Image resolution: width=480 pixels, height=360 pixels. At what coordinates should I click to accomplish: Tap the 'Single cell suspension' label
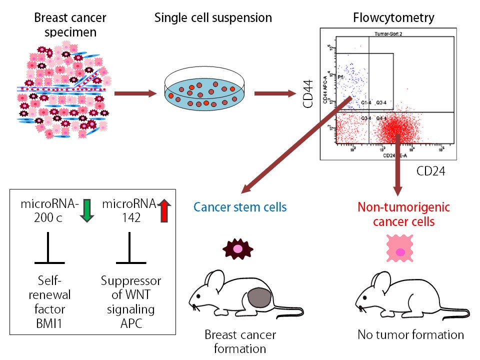point(213,18)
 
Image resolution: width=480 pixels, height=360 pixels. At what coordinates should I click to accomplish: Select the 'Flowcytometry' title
point(393,18)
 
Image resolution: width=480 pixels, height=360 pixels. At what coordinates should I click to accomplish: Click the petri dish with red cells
point(205,91)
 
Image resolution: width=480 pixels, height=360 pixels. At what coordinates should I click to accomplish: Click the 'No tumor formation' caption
point(410,334)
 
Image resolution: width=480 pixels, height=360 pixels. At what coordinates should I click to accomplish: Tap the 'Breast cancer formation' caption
point(239,341)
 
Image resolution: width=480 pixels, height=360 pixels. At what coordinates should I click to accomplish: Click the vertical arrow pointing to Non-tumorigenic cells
point(398,165)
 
